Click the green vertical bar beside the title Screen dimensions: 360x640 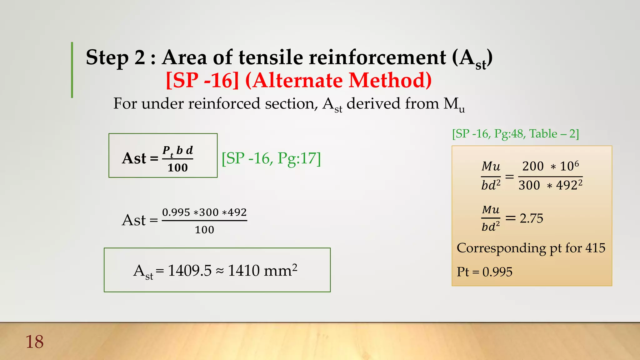click(x=72, y=70)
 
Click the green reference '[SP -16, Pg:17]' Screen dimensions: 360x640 click(x=271, y=158)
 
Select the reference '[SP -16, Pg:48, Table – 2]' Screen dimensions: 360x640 click(x=515, y=134)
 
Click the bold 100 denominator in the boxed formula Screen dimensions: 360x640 click(x=177, y=168)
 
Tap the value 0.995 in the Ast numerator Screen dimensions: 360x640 click(x=176, y=212)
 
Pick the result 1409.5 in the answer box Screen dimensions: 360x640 click(x=190, y=271)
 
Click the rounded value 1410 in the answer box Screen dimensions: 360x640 click(x=244, y=271)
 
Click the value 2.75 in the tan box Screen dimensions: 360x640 click(x=531, y=218)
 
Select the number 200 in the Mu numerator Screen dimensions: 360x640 click(x=533, y=166)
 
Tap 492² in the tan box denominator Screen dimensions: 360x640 click(x=569, y=185)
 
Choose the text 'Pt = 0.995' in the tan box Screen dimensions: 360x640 click(x=484, y=272)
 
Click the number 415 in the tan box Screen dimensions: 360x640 click(x=595, y=248)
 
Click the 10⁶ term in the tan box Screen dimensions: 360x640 click(x=569, y=166)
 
